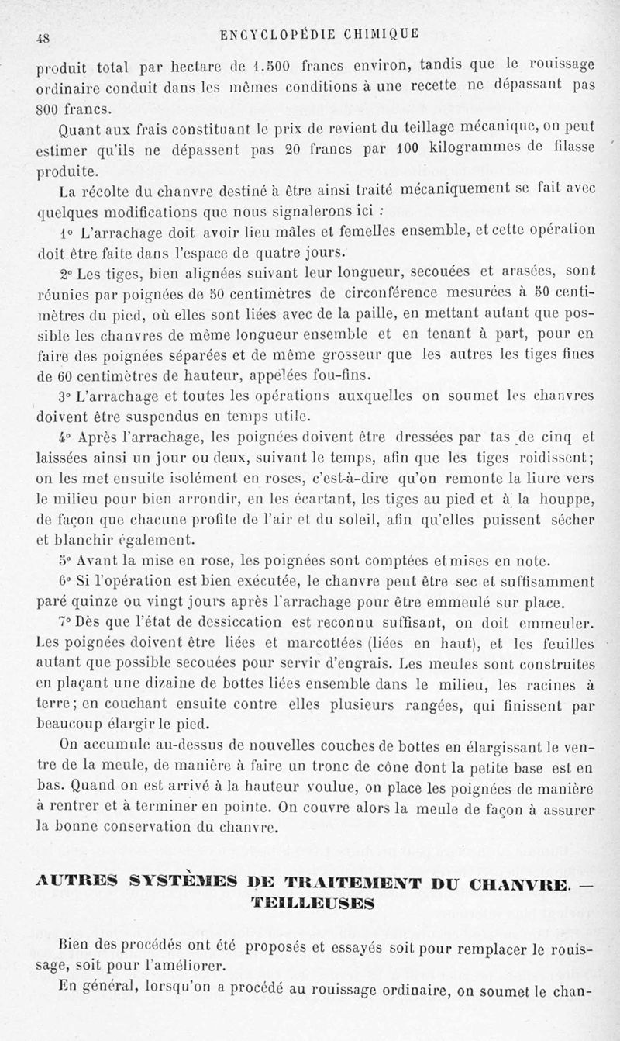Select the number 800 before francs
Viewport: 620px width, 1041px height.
pyautogui.click(x=50, y=105)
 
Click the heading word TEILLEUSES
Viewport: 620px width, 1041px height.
pyautogui.click(x=312, y=904)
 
